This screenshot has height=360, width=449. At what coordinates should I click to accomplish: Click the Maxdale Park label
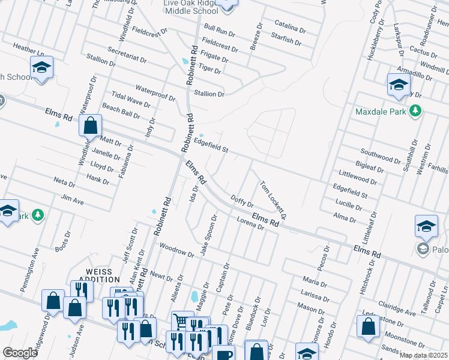pos(379,112)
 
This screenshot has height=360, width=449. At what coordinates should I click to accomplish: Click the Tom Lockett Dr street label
pos(273,199)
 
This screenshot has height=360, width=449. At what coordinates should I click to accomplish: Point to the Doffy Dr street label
pos(241,200)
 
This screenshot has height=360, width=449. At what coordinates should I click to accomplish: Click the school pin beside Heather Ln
pos(41,69)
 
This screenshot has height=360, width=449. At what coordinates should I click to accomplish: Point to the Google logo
pos(20,352)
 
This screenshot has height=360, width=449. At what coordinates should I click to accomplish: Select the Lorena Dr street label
pos(250,223)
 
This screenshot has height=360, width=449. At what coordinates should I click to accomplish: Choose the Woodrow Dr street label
pos(176,250)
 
